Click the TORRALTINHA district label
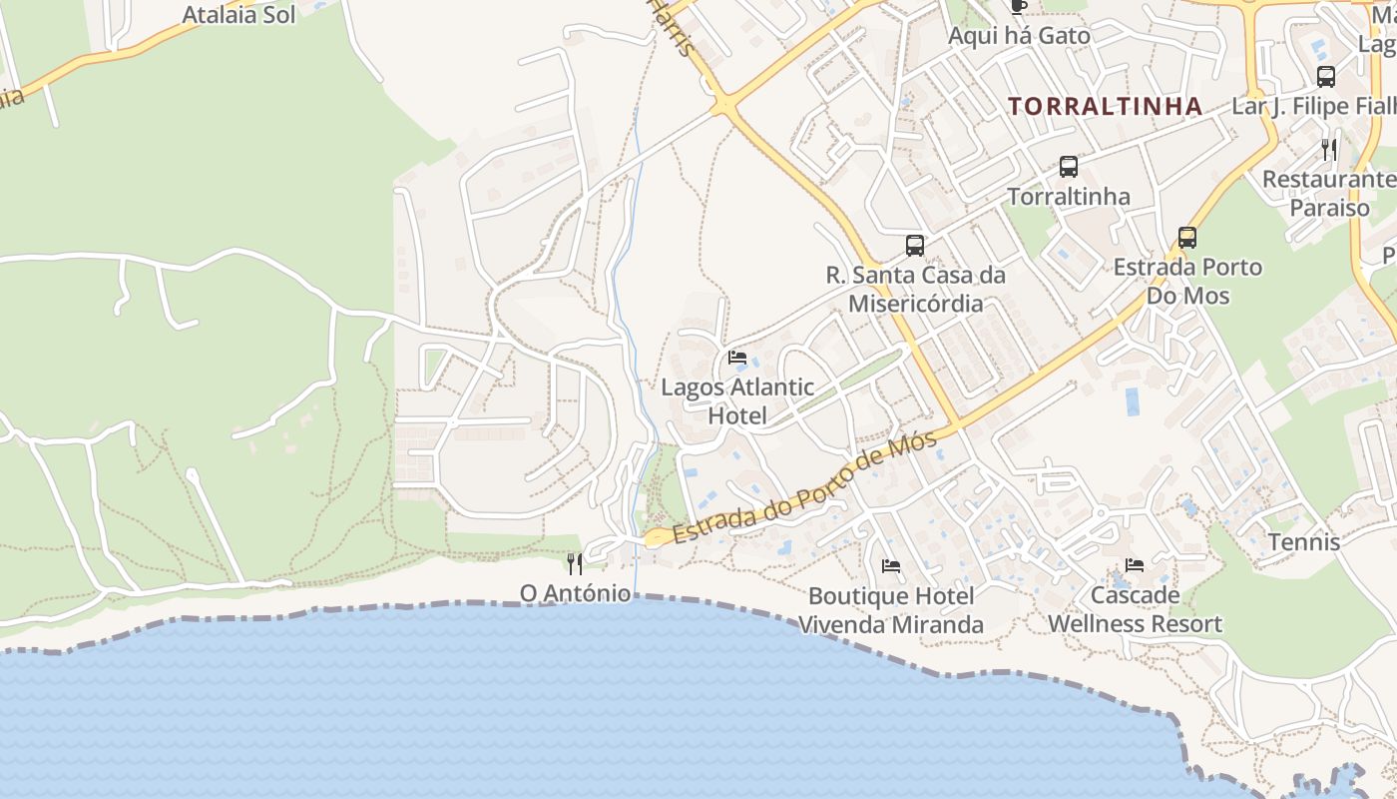click(x=1105, y=106)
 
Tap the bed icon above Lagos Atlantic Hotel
click(x=737, y=358)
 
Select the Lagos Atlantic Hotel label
click(x=737, y=401)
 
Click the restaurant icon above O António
click(x=575, y=564)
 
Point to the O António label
click(x=575, y=593)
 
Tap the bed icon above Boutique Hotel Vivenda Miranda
click(x=891, y=566)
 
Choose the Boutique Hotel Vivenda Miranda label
click(x=891, y=610)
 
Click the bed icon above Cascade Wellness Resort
click(x=1135, y=565)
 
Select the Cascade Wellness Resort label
click(x=1135, y=609)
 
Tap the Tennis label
click(x=1304, y=542)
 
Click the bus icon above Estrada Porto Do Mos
click(x=1186, y=238)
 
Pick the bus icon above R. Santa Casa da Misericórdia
click(x=914, y=245)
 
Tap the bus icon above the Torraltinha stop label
click(x=1069, y=167)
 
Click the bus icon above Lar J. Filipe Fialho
click(x=1326, y=77)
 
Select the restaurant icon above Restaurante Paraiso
click(x=1329, y=150)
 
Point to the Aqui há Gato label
click(x=1019, y=36)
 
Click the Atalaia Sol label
click(x=239, y=15)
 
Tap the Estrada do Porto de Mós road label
click(x=805, y=488)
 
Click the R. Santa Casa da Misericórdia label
click(x=916, y=289)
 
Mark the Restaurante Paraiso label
click(x=1330, y=194)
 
